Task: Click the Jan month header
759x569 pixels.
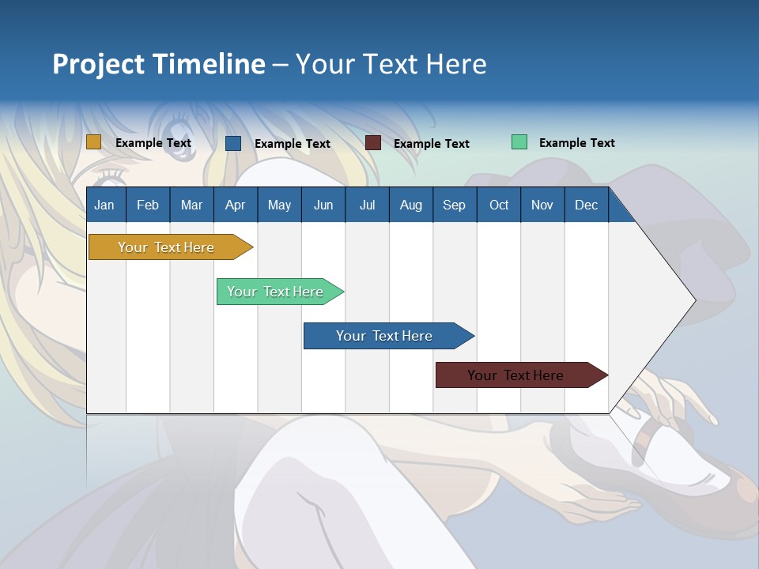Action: [x=104, y=205]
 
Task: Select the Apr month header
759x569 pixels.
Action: [x=236, y=205]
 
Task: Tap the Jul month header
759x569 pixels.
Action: [x=367, y=205]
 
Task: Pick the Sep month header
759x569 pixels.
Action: [x=454, y=205]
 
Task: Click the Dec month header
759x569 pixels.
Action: [x=586, y=205]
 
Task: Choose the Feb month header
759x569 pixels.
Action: [x=148, y=205]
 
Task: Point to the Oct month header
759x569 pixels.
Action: [x=499, y=205]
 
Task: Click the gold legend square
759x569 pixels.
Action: [x=94, y=142]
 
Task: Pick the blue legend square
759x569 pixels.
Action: [x=233, y=143]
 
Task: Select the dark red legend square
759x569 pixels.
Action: [x=373, y=143]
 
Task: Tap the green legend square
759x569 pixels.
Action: [x=519, y=142]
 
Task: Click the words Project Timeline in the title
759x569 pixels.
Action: [x=159, y=64]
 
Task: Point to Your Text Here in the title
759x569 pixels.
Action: [x=391, y=64]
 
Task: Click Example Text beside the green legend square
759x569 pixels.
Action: [x=576, y=143]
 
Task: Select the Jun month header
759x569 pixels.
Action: [x=323, y=205]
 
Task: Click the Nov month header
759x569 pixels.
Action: [x=542, y=205]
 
